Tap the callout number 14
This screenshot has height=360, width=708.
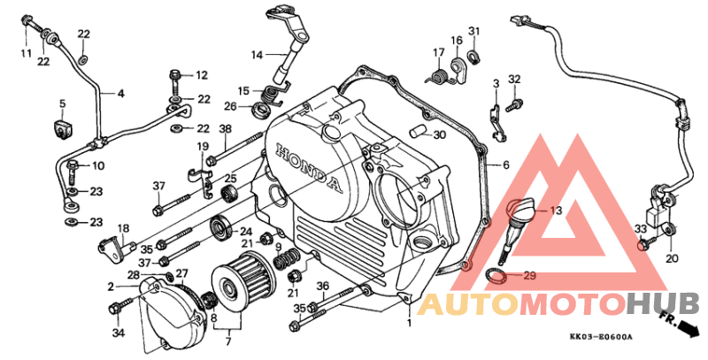257,56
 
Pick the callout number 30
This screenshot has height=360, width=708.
439,134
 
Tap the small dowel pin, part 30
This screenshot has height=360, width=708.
417,133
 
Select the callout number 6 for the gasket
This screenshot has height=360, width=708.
505,165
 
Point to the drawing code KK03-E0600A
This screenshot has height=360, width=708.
601,337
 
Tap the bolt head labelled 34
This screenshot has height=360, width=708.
114,309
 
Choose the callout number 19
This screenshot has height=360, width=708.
204,146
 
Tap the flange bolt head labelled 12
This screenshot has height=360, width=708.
175,74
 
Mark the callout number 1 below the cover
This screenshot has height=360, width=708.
409,323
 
